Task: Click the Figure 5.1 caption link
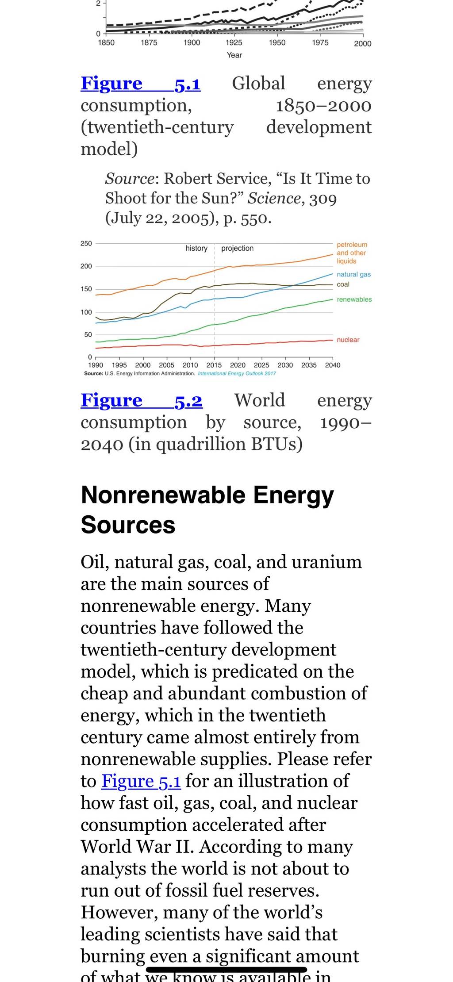click(141, 83)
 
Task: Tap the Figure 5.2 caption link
click(142, 400)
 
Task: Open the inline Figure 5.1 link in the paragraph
click(141, 781)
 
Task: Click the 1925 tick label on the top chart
click(234, 42)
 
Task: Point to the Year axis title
click(234, 55)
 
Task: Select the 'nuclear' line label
click(348, 340)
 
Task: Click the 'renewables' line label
click(354, 299)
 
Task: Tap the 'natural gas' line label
click(354, 274)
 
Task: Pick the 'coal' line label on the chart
click(343, 284)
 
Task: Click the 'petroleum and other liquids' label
click(352, 253)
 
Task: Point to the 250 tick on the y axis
click(86, 243)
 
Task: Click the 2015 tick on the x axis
click(214, 365)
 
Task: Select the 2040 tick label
click(333, 365)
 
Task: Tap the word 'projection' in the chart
click(238, 248)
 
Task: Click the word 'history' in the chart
click(196, 248)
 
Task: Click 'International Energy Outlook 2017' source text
click(237, 373)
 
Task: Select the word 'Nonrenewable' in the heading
click(163, 495)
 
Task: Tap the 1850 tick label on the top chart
click(106, 42)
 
